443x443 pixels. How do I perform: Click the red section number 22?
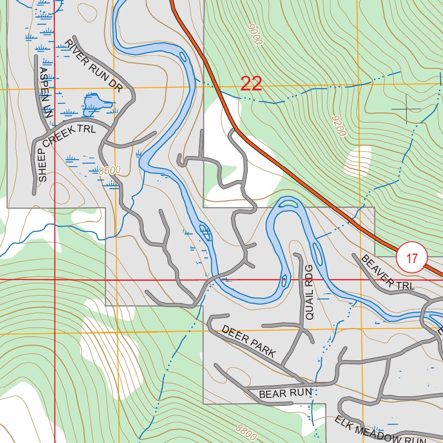(x=251, y=83)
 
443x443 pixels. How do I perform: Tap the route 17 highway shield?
(x=411, y=258)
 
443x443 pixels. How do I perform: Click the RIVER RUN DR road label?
(x=93, y=65)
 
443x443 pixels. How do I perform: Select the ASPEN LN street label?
(x=45, y=93)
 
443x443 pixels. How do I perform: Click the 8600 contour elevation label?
(x=109, y=170)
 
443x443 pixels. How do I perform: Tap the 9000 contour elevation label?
(x=256, y=35)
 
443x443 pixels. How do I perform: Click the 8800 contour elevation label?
(x=246, y=431)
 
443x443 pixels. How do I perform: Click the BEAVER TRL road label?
(x=387, y=272)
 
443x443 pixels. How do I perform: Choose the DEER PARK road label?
(x=248, y=341)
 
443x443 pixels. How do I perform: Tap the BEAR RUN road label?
(x=285, y=393)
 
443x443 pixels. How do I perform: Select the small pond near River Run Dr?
(x=93, y=104)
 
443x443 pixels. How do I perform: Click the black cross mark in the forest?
(x=406, y=109)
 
